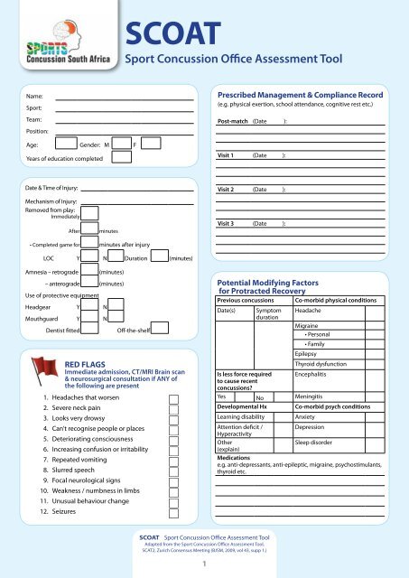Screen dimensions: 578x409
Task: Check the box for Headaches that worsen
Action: (x=173, y=397)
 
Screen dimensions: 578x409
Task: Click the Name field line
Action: (x=125, y=94)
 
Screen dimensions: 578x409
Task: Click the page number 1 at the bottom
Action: (x=204, y=565)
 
